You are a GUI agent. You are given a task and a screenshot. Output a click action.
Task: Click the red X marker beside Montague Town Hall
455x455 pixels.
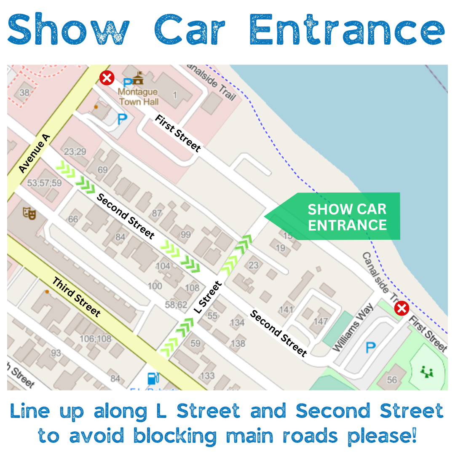(107, 78)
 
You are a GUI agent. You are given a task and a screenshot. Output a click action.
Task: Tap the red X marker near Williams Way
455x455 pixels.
(402, 309)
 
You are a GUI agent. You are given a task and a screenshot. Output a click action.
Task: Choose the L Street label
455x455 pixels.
(208, 297)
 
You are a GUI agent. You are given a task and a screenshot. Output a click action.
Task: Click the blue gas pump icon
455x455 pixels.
(153, 378)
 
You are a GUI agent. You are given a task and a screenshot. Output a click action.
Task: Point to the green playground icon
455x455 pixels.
(427, 372)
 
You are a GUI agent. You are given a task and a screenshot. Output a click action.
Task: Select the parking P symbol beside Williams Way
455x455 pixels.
(370, 348)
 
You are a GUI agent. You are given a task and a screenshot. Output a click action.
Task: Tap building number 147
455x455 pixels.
(321, 321)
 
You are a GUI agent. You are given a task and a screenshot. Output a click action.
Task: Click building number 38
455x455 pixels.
(24, 93)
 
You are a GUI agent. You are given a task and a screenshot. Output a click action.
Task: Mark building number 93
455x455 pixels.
(56, 353)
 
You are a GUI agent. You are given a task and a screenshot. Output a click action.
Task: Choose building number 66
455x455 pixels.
(73, 219)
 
